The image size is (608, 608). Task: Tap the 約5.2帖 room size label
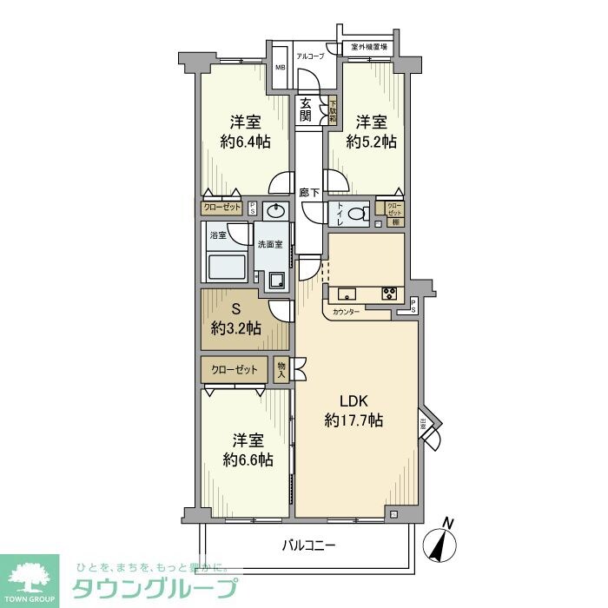click(x=371, y=141)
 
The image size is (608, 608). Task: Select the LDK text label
click(x=354, y=401)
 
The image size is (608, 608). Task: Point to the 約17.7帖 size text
click(x=354, y=421)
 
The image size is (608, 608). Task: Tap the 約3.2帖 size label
click(x=235, y=328)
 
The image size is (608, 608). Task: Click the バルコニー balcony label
click(x=308, y=545)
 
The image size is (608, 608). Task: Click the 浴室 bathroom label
click(x=217, y=235)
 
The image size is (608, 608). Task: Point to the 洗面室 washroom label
click(x=269, y=244)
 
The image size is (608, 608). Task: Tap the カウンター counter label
click(x=346, y=311)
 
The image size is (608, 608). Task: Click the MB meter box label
click(x=281, y=67)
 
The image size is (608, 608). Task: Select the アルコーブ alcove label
click(x=310, y=56)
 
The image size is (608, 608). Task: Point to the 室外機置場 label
click(x=369, y=46)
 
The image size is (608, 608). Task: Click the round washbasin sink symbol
click(x=276, y=210)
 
